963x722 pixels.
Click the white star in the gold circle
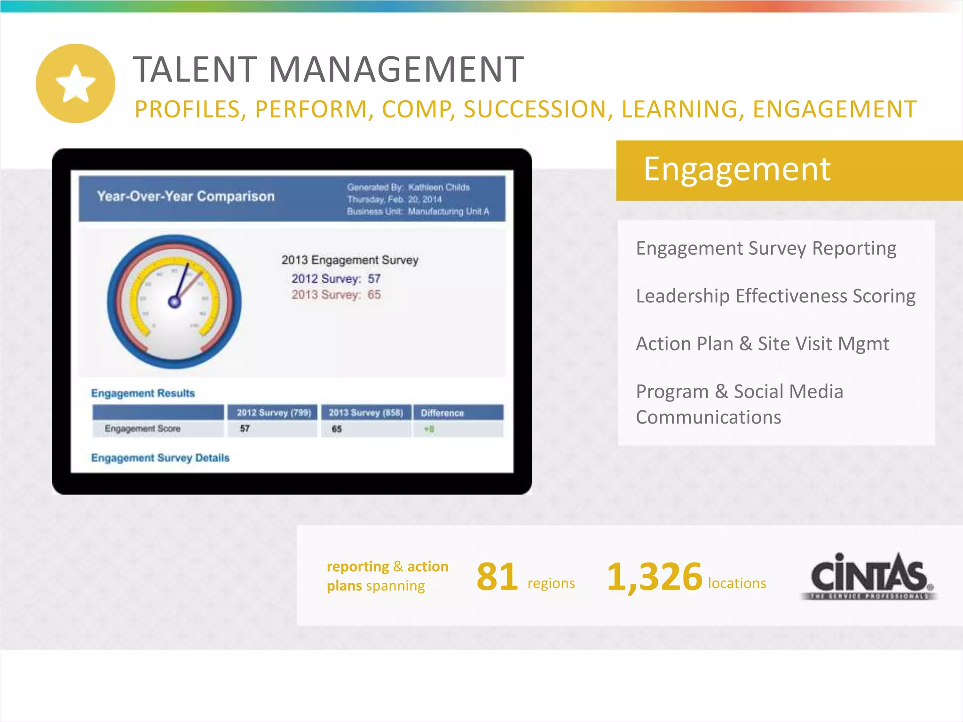click(x=75, y=84)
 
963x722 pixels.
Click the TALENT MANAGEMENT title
click(x=328, y=70)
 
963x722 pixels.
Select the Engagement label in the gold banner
click(x=736, y=169)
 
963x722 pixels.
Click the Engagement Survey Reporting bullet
click(x=766, y=248)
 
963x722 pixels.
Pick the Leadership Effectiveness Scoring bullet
click(x=775, y=296)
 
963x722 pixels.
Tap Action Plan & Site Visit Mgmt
click(x=762, y=344)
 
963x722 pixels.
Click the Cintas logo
click(x=869, y=576)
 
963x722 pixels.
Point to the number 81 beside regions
click(x=497, y=577)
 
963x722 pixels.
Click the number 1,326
click(x=655, y=577)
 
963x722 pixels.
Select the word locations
click(x=737, y=583)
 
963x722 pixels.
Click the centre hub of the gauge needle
click(x=174, y=302)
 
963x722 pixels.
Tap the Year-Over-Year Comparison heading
click(x=186, y=196)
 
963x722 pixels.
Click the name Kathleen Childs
click(x=439, y=187)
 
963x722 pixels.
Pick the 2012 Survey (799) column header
click(x=274, y=413)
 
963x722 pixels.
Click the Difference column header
click(x=442, y=413)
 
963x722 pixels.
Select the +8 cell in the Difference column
click(x=429, y=429)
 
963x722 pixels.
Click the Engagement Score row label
click(x=142, y=429)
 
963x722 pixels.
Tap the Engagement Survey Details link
click(x=160, y=458)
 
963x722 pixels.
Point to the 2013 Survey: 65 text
click(x=336, y=295)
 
